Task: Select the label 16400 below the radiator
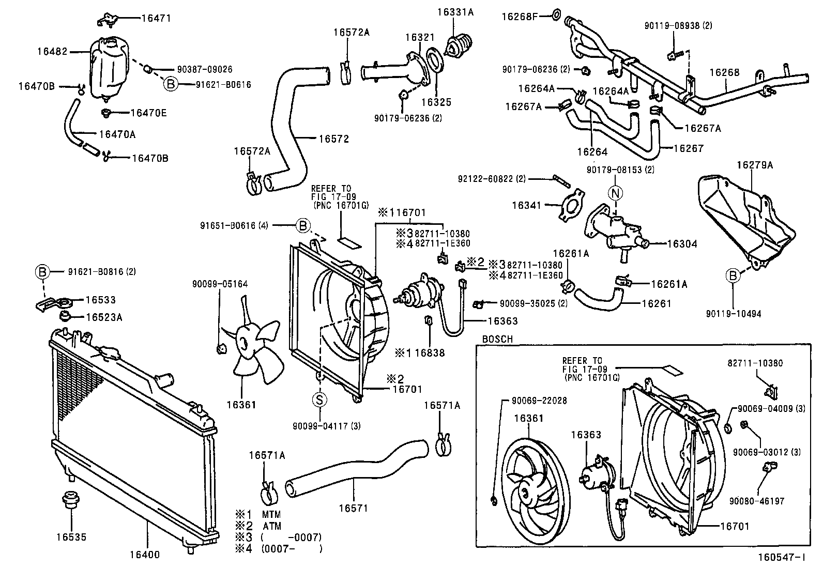click(x=144, y=555)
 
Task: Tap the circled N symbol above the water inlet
click(x=616, y=193)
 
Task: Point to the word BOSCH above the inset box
click(x=497, y=339)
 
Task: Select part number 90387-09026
click(x=204, y=69)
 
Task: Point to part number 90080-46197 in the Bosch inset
click(x=757, y=501)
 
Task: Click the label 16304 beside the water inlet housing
click(x=682, y=243)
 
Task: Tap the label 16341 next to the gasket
click(x=526, y=205)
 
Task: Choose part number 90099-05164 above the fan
click(x=220, y=284)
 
